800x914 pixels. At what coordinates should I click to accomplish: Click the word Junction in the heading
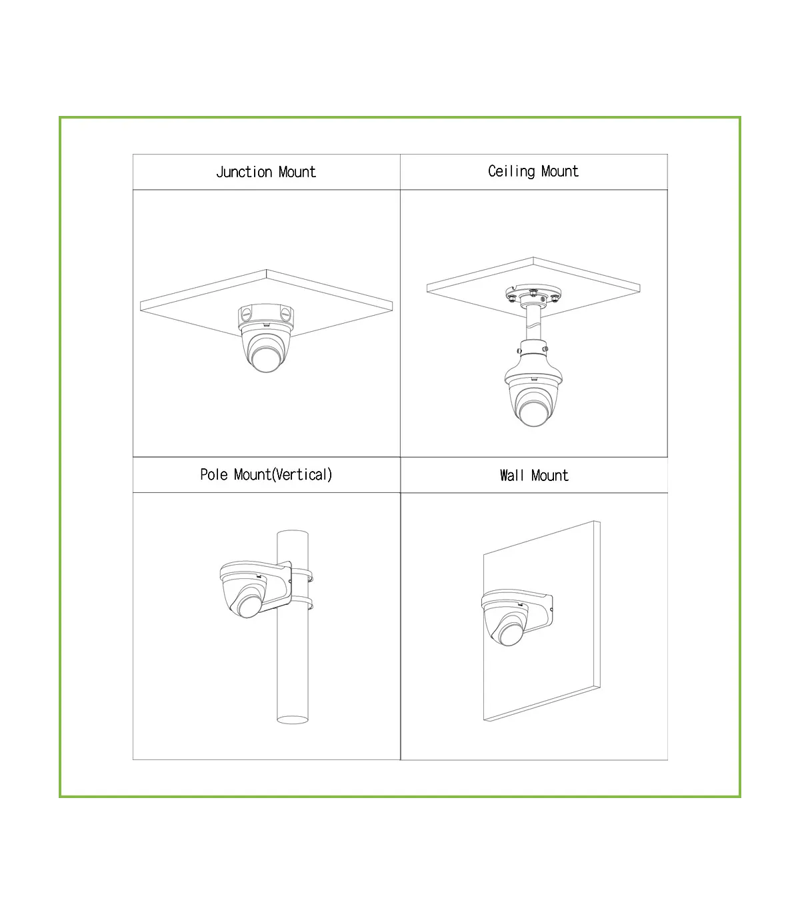[244, 172]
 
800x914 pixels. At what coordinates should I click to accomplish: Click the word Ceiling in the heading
[511, 171]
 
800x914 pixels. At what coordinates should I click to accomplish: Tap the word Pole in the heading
[213, 474]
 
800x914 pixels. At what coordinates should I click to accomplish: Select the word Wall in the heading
[511, 475]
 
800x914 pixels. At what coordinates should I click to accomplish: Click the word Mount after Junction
[297, 172]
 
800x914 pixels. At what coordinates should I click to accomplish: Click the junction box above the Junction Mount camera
[266, 316]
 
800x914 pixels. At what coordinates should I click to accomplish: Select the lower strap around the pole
[302, 603]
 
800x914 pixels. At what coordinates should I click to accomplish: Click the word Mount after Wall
[550, 475]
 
